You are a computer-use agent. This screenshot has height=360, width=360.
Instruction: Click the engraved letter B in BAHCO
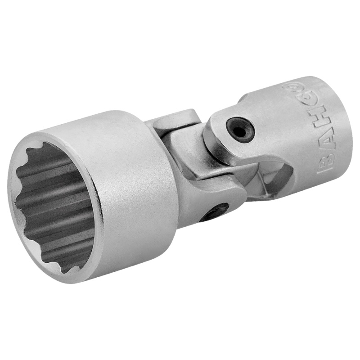pyautogui.click(x=326, y=162)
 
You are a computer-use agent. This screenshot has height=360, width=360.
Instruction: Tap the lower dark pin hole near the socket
pyautogui.click(x=214, y=211)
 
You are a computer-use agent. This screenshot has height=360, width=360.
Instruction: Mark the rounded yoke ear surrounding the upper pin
pyautogui.click(x=225, y=135)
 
